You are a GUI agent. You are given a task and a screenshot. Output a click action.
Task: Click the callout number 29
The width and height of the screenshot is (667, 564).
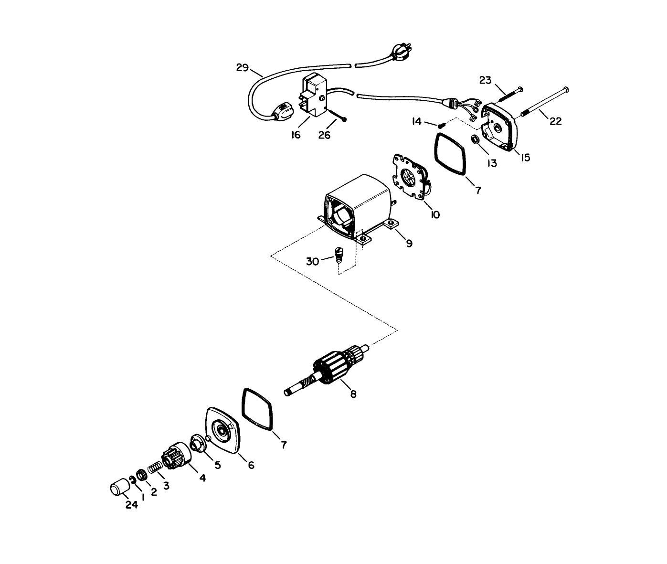point(243,67)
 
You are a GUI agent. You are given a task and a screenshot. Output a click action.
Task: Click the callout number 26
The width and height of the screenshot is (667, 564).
point(324,135)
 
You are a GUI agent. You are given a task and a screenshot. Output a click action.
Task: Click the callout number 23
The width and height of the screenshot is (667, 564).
point(485,80)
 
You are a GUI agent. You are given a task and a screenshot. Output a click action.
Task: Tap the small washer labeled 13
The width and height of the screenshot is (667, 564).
point(476,140)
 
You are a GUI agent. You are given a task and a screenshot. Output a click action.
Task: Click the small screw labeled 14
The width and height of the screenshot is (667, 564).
point(441,125)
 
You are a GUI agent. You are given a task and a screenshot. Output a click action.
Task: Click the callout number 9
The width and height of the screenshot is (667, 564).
point(409,244)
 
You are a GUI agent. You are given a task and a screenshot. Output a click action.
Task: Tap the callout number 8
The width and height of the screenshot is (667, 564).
point(353,394)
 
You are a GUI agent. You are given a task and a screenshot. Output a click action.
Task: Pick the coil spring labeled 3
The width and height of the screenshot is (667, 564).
point(155,468)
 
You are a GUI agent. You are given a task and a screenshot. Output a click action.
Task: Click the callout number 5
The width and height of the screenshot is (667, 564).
point(217,465)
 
